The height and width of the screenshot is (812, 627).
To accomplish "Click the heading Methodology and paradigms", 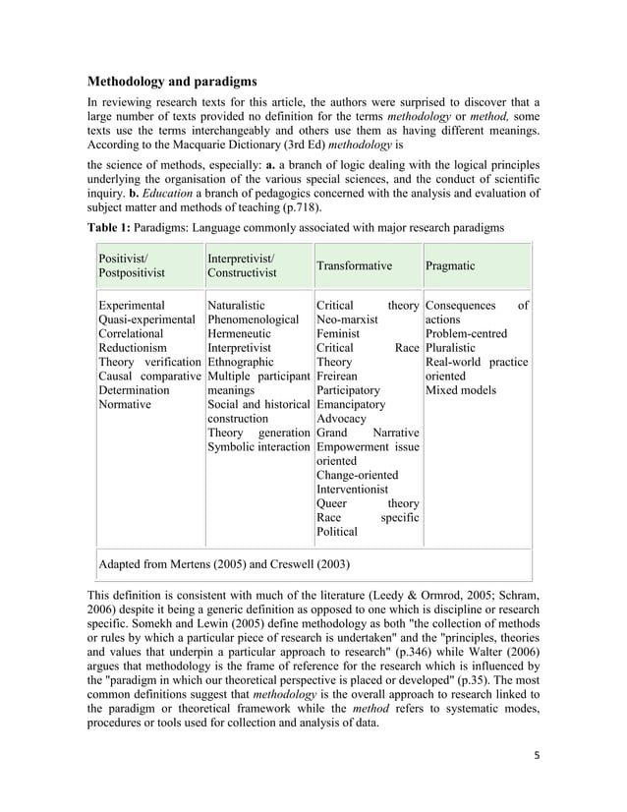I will pos(172,80).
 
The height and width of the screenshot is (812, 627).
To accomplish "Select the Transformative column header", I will pos(354,265).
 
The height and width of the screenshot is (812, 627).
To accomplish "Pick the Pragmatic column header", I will pos(449,265).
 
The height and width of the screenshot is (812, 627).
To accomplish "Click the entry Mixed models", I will pos(461,390).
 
